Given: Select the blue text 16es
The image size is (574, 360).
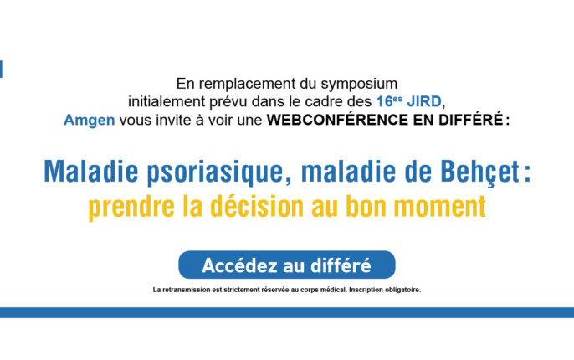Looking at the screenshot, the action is (389, 101).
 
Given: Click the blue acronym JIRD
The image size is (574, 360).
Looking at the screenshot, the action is (424, 101).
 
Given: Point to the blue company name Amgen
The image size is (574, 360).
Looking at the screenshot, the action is (90, 120).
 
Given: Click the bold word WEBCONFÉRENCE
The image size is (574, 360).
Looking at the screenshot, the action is (337, 120).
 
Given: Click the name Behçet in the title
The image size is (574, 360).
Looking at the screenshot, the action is (480, 172).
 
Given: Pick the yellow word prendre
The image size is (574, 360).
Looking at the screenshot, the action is (131, 207).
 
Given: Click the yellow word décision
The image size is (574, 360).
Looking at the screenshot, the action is (257, 206).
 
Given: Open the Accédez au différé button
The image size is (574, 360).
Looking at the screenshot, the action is (287, 265).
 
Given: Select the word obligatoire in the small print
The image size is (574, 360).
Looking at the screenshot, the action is (402, 290).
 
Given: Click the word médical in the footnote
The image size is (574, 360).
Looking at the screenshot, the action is (334, 290).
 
